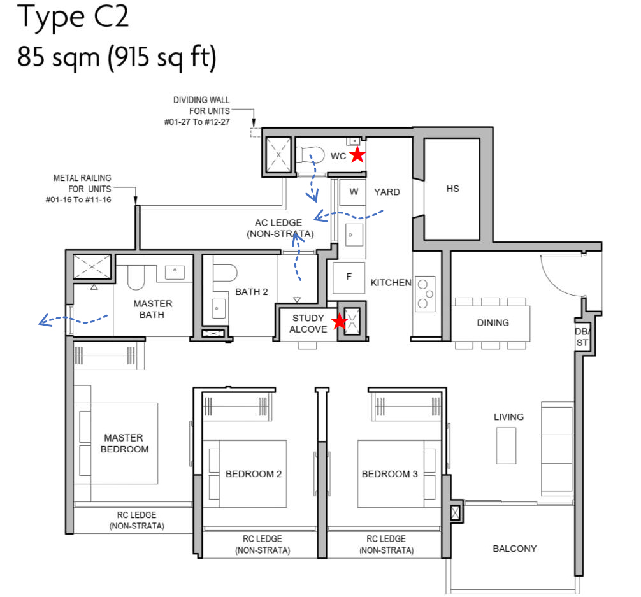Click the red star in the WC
(357, 154)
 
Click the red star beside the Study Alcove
(340, 322)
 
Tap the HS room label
(452, 189)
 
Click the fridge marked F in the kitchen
(349, 277)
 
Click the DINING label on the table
(493, 322)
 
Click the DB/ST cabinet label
(582, 337)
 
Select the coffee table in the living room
(506, 445)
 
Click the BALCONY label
(514, 549)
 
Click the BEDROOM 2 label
(254, 474)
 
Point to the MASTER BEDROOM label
(123, 443)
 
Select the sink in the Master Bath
(175, 273)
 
